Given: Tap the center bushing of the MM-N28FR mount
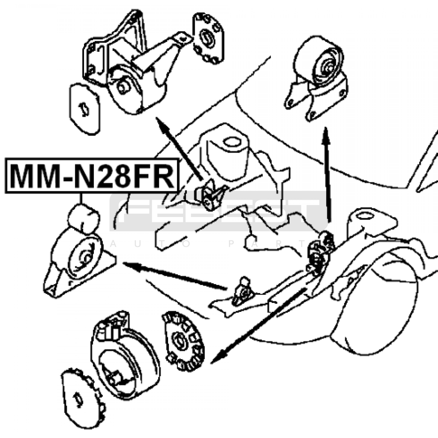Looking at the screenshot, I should click(85, 258).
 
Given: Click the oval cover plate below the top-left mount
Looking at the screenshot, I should click(84, 109).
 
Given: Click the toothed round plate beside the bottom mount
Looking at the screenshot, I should click(184, 341).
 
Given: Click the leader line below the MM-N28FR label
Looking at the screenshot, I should click(81, 199).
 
